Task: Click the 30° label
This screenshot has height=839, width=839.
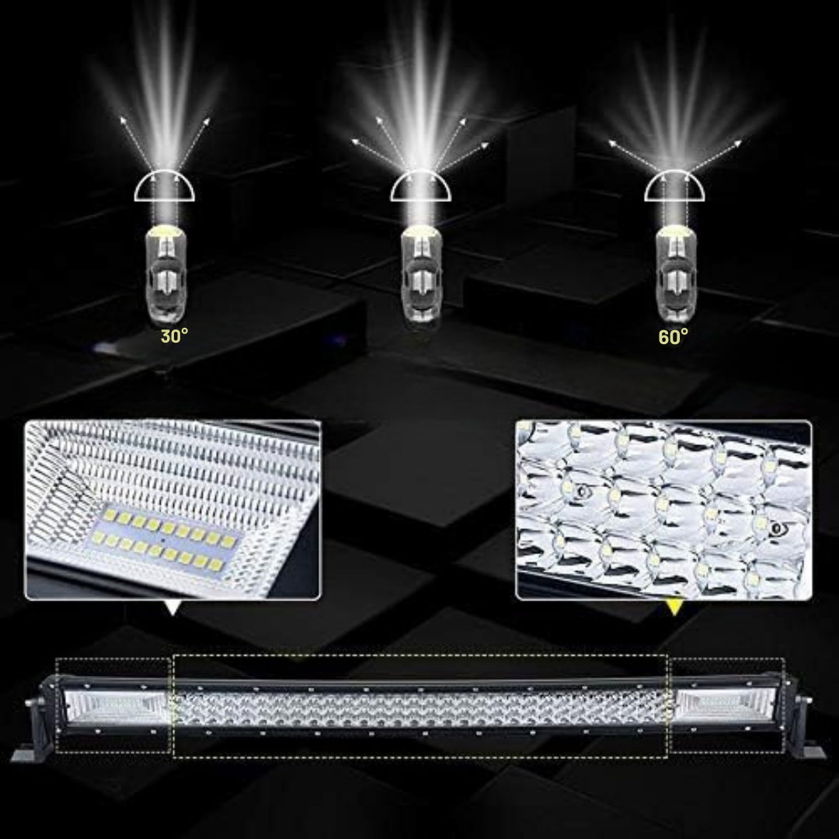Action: (x=175, y=336)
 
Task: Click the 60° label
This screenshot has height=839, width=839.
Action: (x=673, y=336)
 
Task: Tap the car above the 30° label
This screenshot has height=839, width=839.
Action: (x=166, y=274)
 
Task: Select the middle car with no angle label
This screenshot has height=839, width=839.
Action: (x=422, y=274)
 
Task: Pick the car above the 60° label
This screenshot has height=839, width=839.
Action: (x=677, y=274)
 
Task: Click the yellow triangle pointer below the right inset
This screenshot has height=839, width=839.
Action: (x=674, y=607)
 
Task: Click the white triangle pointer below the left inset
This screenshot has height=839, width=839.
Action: (x=172, y=607)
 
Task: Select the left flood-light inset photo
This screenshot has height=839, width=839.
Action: (x=172, y=510)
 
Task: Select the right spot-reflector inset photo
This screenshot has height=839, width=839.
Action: (x=663, y=510)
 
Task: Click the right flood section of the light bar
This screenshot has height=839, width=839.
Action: (x=725, y=705)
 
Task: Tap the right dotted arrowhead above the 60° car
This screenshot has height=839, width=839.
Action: (x=738, y=143)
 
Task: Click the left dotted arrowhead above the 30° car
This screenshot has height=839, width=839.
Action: (x=124, y=120)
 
